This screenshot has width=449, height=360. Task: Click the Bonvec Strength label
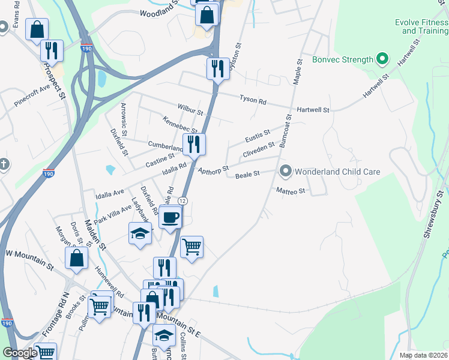coord(342,59)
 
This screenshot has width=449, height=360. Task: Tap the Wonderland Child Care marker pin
coord(286,172)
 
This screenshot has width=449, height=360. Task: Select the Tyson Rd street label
coord(253,100)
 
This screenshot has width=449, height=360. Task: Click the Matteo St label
coord(291,191)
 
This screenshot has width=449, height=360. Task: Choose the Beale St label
coord(247,174)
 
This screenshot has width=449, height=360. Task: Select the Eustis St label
coord(258,138)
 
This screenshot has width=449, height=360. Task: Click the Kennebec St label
coord(180,125)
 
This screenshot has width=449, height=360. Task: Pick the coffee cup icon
coord(170,217)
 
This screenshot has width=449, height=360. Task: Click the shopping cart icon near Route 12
coord(191,245)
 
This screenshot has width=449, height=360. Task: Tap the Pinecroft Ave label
coord(32,96)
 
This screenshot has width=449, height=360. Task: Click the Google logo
coord(19,353)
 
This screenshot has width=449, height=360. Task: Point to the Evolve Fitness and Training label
coord(424,26)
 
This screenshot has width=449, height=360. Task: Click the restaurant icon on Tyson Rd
coord(217,68)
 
